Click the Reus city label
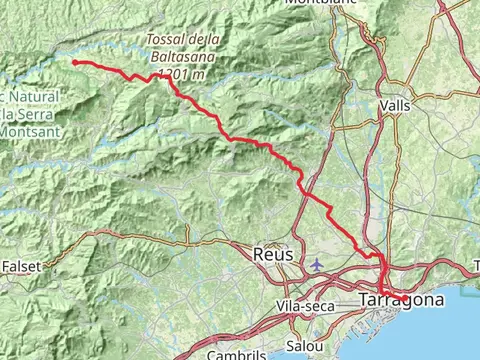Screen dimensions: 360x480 coord(274,255)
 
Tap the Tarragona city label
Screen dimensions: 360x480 coord(401,300)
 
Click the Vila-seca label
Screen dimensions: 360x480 coord(305,305)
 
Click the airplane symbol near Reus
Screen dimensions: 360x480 coord(317,265)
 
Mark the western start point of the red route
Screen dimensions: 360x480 coord(74,62)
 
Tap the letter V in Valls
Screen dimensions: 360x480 coord(385,104)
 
